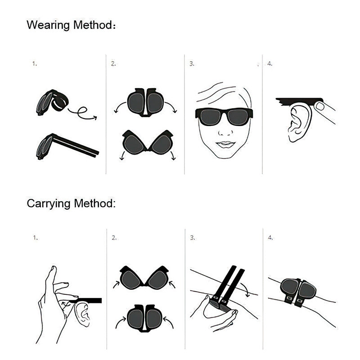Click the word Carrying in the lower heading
[x=49, y=203]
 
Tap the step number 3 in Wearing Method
[x=192, y=64]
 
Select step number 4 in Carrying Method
[x=270, y=237]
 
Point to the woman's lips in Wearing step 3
[x=225, y=144]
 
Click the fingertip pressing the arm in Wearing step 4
[x=321, y=107]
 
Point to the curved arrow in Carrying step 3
[x=245, y=288]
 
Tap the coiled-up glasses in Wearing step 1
[x=52, y=103]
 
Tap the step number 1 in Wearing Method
[x=34, y=64]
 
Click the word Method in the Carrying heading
[x=95, y=203]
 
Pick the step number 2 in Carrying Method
[x=114, y=237]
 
